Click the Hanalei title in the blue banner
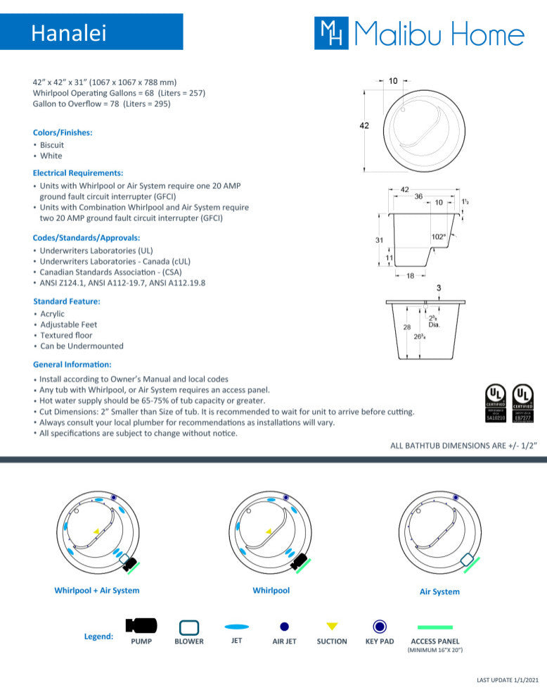coord(69,33)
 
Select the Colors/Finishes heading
coord(63,132)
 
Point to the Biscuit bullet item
coord(52,145)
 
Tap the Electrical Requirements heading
coord(78,172)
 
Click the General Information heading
coord(72,364)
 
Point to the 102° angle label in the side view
coord(438,237)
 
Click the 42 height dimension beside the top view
coord(364,125)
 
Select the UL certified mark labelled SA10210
coord(496,403)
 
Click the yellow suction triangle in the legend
coord(332,626)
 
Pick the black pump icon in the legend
coord(141,625)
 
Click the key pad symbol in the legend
coord(380,626)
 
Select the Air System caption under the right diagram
coord(439,592)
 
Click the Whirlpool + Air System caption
coord(97,591)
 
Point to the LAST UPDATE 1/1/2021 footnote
coord(508,680)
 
